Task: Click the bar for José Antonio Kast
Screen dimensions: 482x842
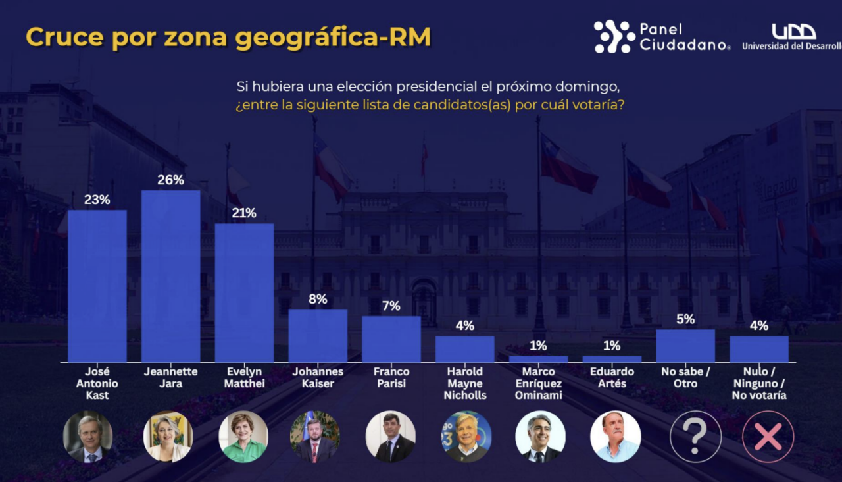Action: click(97, 286)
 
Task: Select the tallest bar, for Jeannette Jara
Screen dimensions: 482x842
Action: click(171, 276)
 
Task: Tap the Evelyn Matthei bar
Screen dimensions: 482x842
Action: click(244, 292)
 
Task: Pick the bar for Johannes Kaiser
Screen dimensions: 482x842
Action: click(318, 336)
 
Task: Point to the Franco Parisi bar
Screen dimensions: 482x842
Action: click(391, 339)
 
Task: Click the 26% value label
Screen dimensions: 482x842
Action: click(170, 180)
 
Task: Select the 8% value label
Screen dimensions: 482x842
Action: click(318, 299)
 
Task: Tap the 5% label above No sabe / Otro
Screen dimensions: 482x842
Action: click(685, 319)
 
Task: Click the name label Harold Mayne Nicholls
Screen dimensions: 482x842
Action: click(464, 383)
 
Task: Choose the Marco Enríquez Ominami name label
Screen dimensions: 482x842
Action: click(538, 383)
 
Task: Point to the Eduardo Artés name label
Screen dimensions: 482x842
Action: click(612, 377)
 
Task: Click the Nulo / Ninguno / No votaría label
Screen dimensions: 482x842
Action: click(759, 383)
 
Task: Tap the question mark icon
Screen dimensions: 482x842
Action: click(695, 437)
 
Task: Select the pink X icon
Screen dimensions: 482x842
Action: click(768, 437)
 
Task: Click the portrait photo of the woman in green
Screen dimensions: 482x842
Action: click(243, 437)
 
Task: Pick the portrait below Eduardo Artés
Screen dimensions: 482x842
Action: click(615, 437)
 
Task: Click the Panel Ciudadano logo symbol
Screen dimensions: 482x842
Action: click(614, 37)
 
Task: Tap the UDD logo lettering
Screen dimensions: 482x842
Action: click(793, 31)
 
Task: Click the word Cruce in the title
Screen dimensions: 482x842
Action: click(64, 38)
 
